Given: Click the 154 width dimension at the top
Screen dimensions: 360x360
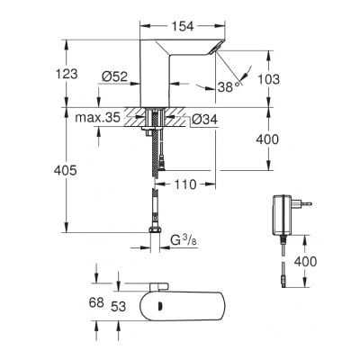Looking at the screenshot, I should click(184, 27).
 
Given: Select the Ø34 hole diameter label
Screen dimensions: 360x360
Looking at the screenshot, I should click(202, 117).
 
